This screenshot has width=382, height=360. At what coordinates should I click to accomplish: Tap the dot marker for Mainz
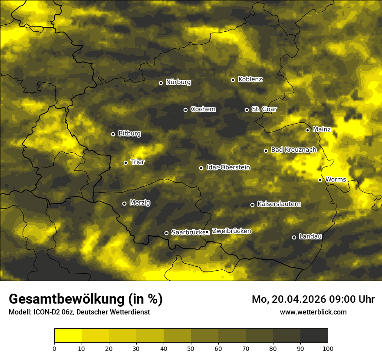point(307,130)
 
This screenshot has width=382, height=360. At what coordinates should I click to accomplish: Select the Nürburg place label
point(178,82)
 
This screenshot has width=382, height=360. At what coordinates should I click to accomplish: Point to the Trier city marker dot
point(126,163)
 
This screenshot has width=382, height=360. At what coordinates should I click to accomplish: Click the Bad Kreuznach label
point(293,150)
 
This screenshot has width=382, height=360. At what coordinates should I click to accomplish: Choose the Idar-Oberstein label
point(228,167)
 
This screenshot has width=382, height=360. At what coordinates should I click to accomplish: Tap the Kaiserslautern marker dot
point(252,205)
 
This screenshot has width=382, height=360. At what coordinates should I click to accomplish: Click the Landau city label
point(310,236)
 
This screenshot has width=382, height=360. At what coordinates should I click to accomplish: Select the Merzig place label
point(140,203)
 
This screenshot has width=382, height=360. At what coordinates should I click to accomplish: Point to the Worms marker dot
point(320,180)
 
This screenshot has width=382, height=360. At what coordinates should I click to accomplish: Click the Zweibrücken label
point(231,231)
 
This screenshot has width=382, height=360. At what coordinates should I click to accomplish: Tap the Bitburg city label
point(129,134)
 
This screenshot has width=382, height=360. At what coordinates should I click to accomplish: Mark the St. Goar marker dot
point(247,110)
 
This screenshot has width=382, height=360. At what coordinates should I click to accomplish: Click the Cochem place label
point(203,109)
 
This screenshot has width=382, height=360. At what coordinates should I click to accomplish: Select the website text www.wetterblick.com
point(313,312)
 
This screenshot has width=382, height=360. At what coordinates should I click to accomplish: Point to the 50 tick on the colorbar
point(191,348)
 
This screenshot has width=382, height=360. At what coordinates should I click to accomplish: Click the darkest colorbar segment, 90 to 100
point(314,336)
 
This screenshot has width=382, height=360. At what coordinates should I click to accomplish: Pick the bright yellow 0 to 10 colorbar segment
point(68,336)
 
